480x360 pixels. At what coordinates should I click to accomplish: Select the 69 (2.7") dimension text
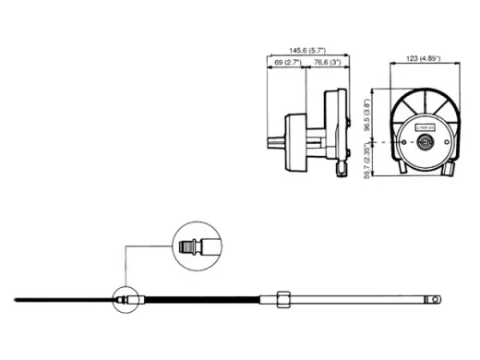tap(290, 63)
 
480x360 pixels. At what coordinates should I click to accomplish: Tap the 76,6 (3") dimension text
tap(328, 63)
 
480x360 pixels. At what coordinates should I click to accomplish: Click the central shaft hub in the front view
tap(424, 142)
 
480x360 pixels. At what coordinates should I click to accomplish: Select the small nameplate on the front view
tap(424, 117)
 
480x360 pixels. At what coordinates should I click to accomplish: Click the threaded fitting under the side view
tap(340, 170)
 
